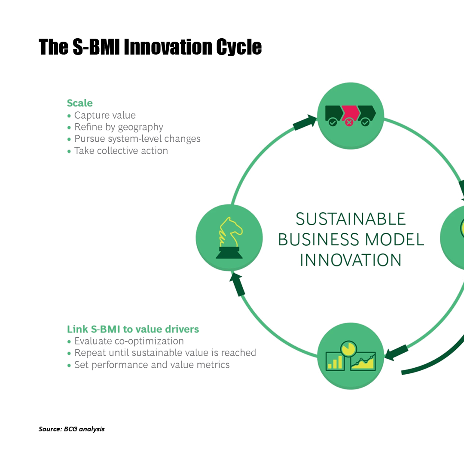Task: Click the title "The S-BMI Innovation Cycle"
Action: point(150,47)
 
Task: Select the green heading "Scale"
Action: point(79,103)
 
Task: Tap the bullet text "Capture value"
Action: point(105,115)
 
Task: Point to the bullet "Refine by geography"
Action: point(119,127)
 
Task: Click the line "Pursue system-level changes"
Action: point(137,138)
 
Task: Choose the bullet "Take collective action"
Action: point(121,151)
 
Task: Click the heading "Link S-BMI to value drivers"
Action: point(133,329)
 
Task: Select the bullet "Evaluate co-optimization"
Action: point(129,341)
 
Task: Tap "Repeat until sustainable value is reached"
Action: point(165,353)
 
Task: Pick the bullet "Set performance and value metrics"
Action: point(152,365)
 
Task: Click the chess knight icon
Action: point(229,238)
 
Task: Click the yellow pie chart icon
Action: point(348,348)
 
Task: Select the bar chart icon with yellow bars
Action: point(335,361)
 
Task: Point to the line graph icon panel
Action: point(363,361)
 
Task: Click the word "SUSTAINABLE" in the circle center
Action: point(351,219)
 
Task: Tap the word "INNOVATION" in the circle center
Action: point(351,260)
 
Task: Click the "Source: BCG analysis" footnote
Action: point(72,429)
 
